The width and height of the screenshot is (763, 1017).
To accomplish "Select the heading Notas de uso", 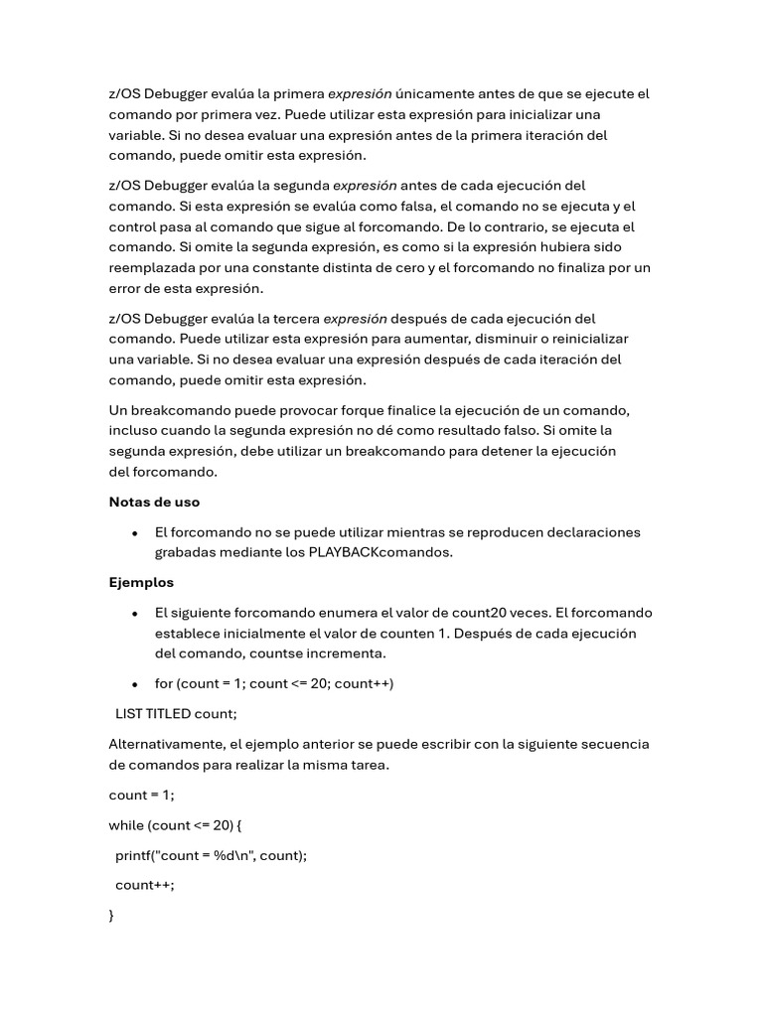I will coord(154,502).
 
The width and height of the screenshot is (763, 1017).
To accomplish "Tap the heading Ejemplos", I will coord(141,582).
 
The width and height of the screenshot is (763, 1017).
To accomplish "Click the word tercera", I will coord(294,319).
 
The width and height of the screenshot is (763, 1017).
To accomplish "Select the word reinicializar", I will coord(589,339).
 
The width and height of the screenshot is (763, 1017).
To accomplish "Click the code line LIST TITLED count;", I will coord(177,713).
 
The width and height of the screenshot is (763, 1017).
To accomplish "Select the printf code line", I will coord(211,855).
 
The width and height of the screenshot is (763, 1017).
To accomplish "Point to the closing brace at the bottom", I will coord(111,916).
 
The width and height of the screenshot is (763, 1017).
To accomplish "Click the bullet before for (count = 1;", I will coord(134,684).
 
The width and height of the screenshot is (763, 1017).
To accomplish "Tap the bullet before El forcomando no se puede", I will coord(134,533).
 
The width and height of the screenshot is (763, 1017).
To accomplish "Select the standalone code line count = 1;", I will coord(141,795).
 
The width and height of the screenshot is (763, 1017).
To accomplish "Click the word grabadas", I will coord(186,552).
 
